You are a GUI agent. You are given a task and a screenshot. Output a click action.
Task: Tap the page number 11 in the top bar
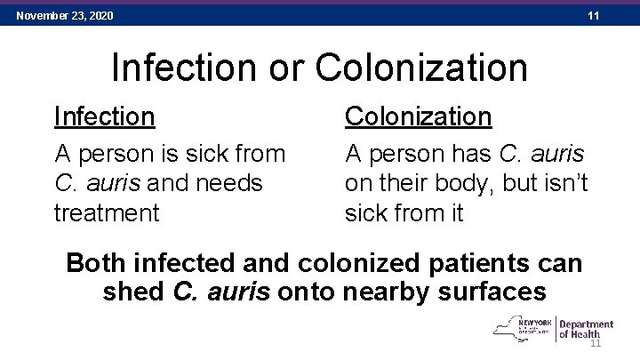(595, 15)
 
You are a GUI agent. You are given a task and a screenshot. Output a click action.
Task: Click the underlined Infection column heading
(105, 116)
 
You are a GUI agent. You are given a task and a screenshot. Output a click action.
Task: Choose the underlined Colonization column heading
(418, 116)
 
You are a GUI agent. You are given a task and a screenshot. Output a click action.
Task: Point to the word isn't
(565, 183)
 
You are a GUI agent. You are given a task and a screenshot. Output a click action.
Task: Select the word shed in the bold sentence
(134, 292)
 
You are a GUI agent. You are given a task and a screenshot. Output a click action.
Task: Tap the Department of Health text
(586, 330)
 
